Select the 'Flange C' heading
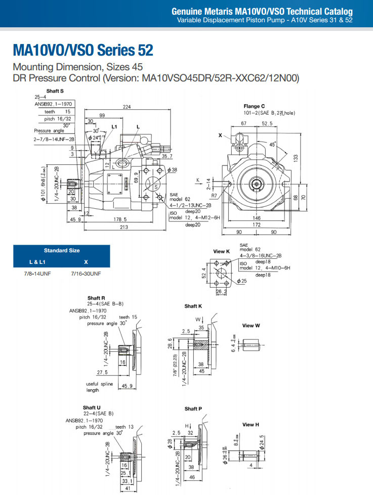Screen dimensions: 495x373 pos(254,106)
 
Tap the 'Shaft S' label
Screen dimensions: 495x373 pos(54,91)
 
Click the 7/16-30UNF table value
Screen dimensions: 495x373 pos(86,274)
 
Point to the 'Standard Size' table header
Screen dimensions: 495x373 pos(62,250)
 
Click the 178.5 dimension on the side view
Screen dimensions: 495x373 pos(119,219)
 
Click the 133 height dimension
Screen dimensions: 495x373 pos(296,158)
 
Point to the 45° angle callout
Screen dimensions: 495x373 pos(273,144)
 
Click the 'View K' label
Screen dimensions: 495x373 pos(222,251)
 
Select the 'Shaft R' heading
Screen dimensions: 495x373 pos(96,298)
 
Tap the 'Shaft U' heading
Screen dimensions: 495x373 pos(92,408)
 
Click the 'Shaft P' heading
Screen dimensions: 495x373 pos(193,409)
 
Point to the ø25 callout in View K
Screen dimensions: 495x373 pos(242,281)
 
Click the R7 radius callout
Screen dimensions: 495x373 pos(214,195)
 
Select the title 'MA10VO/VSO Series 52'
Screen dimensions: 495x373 pos(83,50)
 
